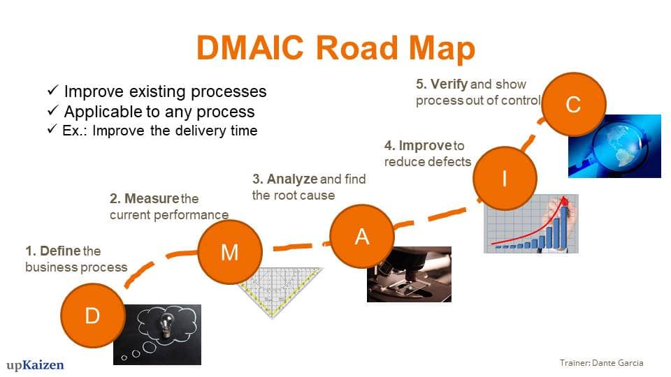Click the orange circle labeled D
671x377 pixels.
(x=92, y=316)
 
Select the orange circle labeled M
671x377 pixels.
(x=229, y=252)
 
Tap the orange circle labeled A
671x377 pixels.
(x=361, y=237)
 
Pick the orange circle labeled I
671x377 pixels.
(x=505, y=179)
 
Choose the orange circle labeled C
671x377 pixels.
(x=573, y=105)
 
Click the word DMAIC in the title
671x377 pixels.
(x=250, y=47)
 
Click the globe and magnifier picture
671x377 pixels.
(x=615, y=147)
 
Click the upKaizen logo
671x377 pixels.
(x=35, y=364)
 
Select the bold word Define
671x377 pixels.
(x=60, y=251)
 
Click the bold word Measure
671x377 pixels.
(x=151, y=199)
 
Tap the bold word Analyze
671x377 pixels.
(x=292, y=179)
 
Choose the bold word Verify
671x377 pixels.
(x=449, y=84)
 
